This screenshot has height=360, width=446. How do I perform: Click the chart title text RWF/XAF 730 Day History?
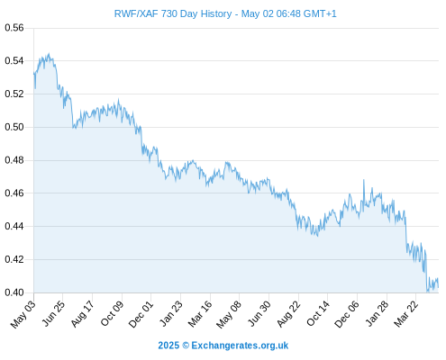pyautogui.click(x=173, y=13)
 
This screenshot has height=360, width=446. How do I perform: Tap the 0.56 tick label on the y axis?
pyautogui.click(x=14, y=28)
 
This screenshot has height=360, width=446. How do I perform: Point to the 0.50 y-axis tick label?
pyautogui.click(x=14, y=127)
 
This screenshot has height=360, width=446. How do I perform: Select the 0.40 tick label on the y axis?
pyautogui.click(x=14, y=292)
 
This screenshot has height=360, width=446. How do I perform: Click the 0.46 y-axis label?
pyautogui.click(x=14, y=193)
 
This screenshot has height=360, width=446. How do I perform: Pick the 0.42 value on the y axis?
pyautogui.click(x=14, y=259)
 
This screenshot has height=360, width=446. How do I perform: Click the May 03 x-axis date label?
pyautogui.click(x=23, y=314)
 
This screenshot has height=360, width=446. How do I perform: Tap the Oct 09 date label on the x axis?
pyautogui.click(x=112, y=313)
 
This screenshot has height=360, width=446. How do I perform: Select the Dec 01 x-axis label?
pyautogui.click(x=141, y=314)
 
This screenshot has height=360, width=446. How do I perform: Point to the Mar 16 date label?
pyautogui.click(x=200, y=314)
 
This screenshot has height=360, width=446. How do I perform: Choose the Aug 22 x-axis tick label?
pyautogui.click(x=288, y=314)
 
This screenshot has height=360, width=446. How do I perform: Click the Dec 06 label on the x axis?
pyautogui.click(x=347, y=314)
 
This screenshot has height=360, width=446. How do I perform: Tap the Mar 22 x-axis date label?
pyautogui.click(x=405, y=314)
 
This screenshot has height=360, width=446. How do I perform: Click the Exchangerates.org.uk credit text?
pyautogui.click(x=240, y=346)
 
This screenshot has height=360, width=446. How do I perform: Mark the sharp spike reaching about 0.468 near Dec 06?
pyautogui.click(x=364, y=180)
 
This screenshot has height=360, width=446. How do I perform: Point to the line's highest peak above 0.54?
pyautogui.click(x=49, y=54)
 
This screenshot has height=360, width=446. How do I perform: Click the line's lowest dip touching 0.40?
pyautogui.click(x=427, y=292)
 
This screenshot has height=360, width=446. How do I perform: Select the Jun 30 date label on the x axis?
pyautogui.click(x=259, y=314)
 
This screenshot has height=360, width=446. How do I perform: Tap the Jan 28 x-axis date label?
pyautogui.click(x=377, y=314)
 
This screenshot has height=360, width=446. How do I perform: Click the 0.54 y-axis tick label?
pyautogui.click(x=14, y=61)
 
